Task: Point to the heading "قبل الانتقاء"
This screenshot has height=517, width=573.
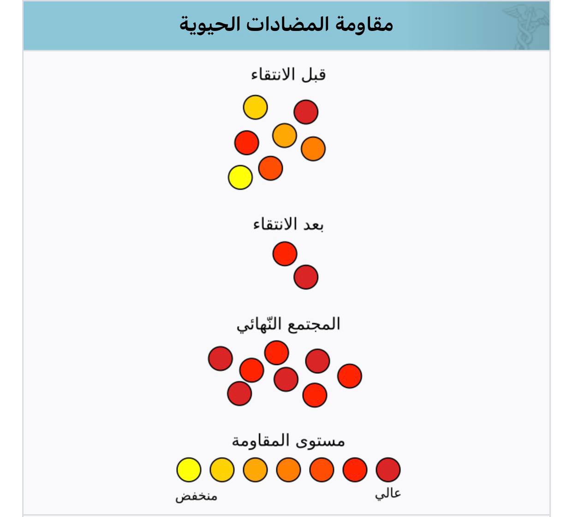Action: pyautogui.click(x=288, y=74)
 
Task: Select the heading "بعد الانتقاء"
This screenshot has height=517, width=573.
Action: pyautogui.click(x=288, y=225)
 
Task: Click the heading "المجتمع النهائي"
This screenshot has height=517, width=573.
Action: pyautogui.click(x=288, y=324)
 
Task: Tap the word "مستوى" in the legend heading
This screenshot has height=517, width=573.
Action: pyautogui.click(x=321, y=441)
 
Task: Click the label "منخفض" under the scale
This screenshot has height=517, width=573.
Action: pyautogui.click(x=196, y=497)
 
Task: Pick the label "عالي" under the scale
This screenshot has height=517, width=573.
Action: pyautogui.click(x=388, y=494)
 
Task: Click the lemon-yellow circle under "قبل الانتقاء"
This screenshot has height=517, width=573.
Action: pyautogui.click(x=240, y=177)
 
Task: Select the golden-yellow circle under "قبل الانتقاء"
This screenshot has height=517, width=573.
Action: pyautogui.click(x=255, y=107)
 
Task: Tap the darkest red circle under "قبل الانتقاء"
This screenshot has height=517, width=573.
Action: pyautogui.click(x=306, y=112)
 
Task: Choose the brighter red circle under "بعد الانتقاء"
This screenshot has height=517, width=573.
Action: pyautogui.click(x=285, y=254)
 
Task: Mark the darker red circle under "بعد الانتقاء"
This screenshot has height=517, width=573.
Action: pyautogui.click(x=306, y=277)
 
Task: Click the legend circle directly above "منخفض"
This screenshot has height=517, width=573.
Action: pyautogui.click(x=189, y=470)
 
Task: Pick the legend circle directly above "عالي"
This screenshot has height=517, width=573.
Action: pyautogui.click(x=388, y=470)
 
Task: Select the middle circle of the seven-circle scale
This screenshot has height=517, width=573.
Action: pyautogui.click(x=288, y=470)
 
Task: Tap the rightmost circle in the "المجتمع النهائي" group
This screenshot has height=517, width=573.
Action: pyautogui.click(x=349, y=376)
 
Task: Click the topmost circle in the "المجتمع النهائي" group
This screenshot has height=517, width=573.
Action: pyautogui.click(x=276, y=353)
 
